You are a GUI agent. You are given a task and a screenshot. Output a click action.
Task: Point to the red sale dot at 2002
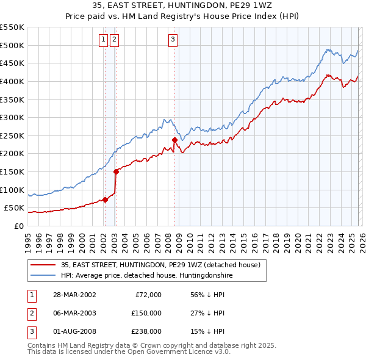click(105, 200)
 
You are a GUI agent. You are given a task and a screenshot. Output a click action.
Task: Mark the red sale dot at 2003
click(115, 171)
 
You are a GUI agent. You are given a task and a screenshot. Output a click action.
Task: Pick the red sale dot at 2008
click(174, 140)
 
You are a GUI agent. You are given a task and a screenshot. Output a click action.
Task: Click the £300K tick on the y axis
click(12, 117)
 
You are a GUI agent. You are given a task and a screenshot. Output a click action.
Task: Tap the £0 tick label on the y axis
click(18, 226)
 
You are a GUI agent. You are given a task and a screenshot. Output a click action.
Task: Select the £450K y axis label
click(12, 63)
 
